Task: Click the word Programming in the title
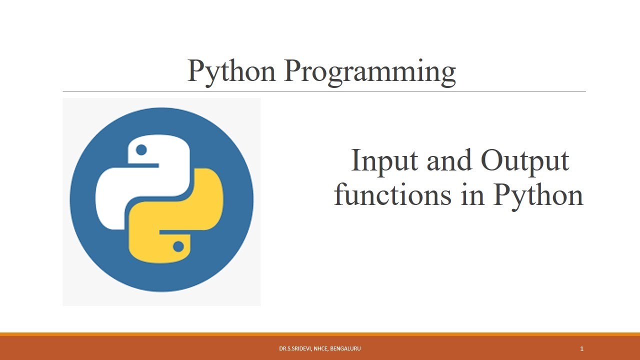coord(370,72)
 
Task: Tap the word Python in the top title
coord(231,72)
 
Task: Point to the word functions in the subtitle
coord(393,194)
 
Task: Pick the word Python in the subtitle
coord(538,197)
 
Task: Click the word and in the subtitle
coord(449,160)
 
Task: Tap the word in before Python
coord(473,194)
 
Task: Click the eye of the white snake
coord(141,149)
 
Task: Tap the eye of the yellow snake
coord(178,246)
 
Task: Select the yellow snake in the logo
coord(175,215)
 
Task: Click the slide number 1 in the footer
coord(581,349)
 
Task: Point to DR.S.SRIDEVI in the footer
coord(295,348)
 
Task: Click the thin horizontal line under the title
coord(324,91)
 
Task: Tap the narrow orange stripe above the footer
coord(320,334)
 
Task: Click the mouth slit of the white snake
coord(143,165)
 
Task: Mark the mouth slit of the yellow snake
coord(175,232)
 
